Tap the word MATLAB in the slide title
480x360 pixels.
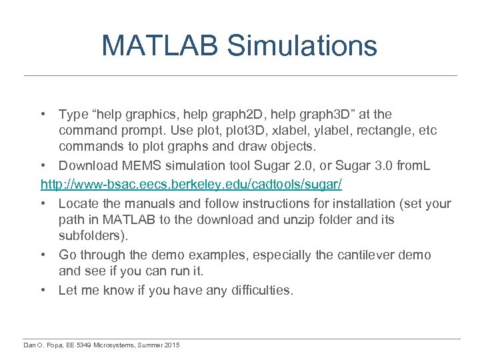pyautogui.click(x=159, y=45)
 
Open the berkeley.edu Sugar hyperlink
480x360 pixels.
pyautogui.click(x=191, y=183)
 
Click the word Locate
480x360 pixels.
pyautogui.click(x=78, y=203)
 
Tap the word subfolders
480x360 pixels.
pyautogui.click(x=91, y=235)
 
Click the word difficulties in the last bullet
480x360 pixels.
pyautogui.click(x=257, y=290)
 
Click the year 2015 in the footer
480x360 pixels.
pyautogui.click(x=170, y=345)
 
